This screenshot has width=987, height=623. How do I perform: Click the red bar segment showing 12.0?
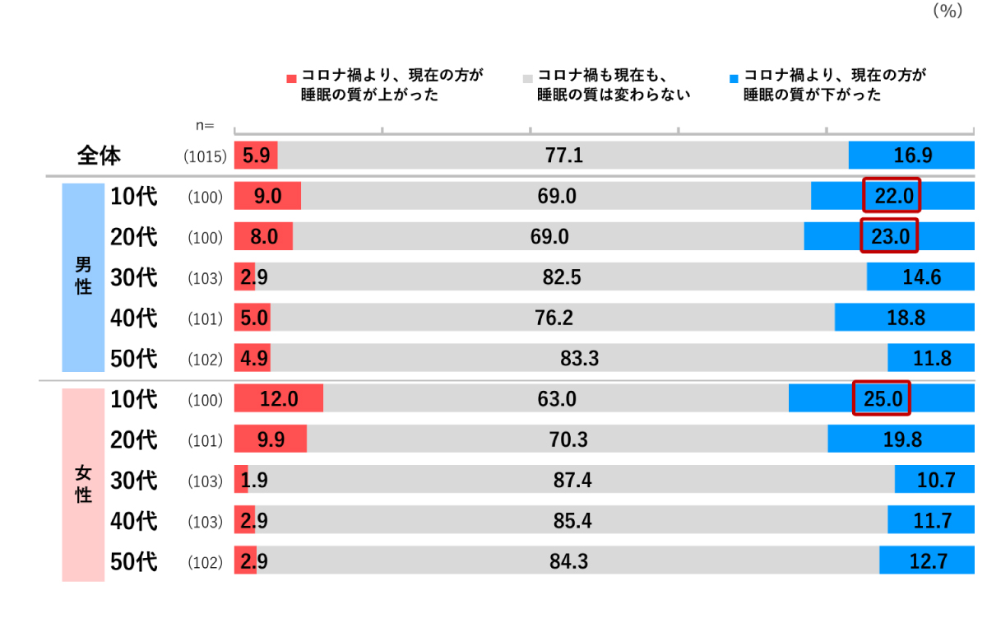(x=278, y=399)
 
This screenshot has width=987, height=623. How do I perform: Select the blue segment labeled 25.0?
(x=880, y=399)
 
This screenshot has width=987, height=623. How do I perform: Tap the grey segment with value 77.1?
(x=563, y=155)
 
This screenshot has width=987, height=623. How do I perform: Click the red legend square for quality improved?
(x=290, y=78)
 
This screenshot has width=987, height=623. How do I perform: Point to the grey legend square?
(x=528, y=78)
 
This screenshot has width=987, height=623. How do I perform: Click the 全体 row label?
(x=99, y=155)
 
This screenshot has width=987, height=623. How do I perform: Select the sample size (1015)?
(x=205, y=156)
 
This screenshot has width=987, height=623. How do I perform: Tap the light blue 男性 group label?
(x=83, y=277)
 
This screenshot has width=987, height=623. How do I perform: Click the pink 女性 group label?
(x=83, y=484)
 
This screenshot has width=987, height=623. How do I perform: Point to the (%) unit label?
(x=947, y=12)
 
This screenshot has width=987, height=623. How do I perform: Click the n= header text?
(x=204, y=126)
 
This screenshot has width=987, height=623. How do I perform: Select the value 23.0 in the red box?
(x=889, y=237)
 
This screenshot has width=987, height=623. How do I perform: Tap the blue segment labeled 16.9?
(x=911, y=155)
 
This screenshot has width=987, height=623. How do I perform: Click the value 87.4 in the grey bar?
(x=572, y=480)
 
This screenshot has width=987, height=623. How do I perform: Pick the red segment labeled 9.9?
(x=270, y=439)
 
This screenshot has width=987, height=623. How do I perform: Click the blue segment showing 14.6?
(x=920, y=277)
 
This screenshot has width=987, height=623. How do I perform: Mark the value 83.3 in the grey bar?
(x=579, y=358)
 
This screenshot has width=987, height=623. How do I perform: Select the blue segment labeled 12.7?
(x=927, y=561)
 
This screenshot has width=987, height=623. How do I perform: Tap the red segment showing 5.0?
(x=252, y=318)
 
